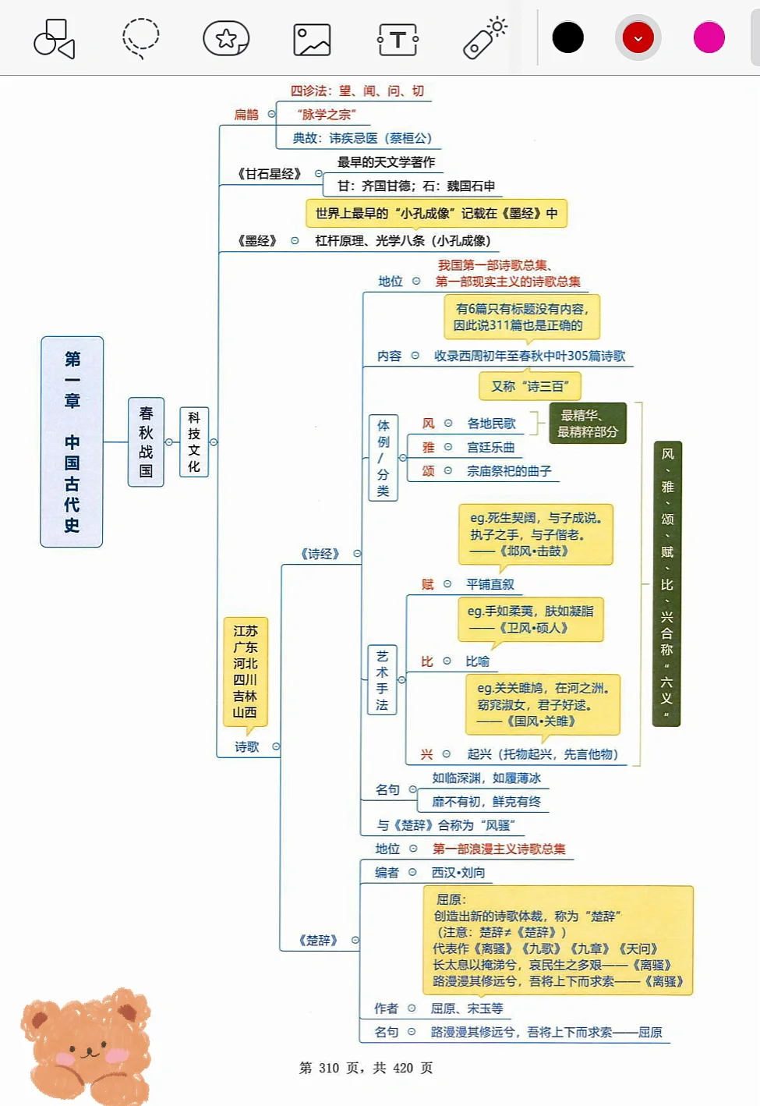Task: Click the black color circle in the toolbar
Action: pyautogui.click(x=567, y=37)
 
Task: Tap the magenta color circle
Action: pyautogui.click(x=709, y=37)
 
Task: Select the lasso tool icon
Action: pyautogui.click(x=141, y=38)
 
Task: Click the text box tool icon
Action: pyautogui.click(x=398, y=39)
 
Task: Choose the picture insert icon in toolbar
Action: pyautogui.click(x=312, y=39)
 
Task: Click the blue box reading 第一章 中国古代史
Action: pyautogui.click(x=72, y=441)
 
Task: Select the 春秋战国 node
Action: pyautogui.click(x=146, y=441)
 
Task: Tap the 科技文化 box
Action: pyautogui.click(x=194, y=441)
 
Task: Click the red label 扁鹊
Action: pyautogui.click(x=246, y=115)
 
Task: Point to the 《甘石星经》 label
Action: pyautogui.click(x=270, y=173)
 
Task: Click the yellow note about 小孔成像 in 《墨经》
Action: pyautogui.click(x=436, y=213)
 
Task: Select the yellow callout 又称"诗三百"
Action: pyautogui.click(x=529, y=386)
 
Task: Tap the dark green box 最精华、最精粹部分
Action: pyautogui.click(x=588, y=424)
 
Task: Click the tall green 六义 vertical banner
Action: pyautogui.click(x=666, y=583)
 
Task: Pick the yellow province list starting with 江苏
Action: pyautogui.click(x=246, y=672)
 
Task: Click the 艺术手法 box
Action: pyautogui.click(x=382, y=680)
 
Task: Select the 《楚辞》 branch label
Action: pyautogui.click(x=318, y=940)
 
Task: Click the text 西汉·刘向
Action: pyautogui.click(x=458, y=872)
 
